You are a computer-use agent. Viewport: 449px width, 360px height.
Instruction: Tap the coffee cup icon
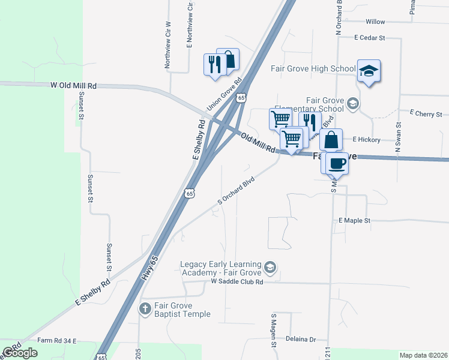pyautogui.click(x=337, y=163)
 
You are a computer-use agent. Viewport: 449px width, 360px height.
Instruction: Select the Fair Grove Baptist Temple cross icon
pyautogui.click(x=145, y=309)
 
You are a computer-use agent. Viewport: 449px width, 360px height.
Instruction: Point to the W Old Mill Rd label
pyautogui.click(x=74, y=86)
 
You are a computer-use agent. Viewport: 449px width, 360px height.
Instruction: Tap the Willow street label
pyautogui.click(x=375, y=22)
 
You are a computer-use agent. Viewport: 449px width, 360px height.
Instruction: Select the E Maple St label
pyautogui.click(x=355, y=221)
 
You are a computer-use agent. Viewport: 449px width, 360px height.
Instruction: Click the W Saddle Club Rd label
pyautogui.click(x=237, y=281)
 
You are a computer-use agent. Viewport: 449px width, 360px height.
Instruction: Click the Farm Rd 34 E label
pyautogui.click(x=57, y=340)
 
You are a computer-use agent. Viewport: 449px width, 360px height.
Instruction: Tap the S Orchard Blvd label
pyautogui.click(x=236, y=190)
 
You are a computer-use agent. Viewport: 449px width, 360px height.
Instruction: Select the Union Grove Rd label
pyautogui.click(x=223, y=95)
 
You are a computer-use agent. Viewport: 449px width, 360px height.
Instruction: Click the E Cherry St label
pyautogui.click(x=426, y=113)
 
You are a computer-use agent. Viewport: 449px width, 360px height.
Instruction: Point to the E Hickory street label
pyautogui.click(x=367, y=140)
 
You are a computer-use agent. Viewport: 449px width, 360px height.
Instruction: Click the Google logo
pyautogui.click(x=20, y=353)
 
